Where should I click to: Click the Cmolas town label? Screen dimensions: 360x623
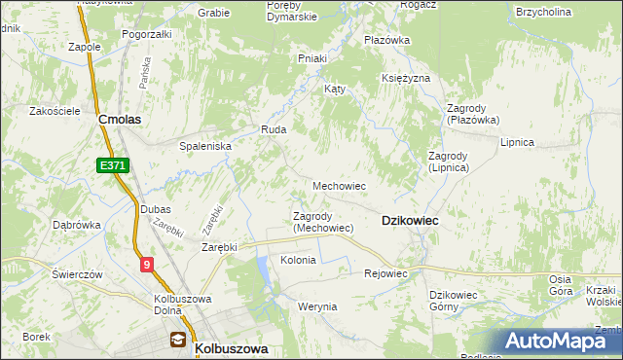[121, 119]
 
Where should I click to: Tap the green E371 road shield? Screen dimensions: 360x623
[113, 166]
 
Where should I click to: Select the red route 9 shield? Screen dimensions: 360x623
[145, 264]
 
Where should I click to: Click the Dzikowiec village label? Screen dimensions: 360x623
[410, 221]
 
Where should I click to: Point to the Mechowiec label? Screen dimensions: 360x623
[339, 185]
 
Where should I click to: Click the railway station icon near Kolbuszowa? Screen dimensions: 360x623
[178, 340]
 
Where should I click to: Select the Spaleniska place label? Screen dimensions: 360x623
[204, 145]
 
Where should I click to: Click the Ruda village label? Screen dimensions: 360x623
[272, 128]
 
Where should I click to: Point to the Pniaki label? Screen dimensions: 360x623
[311, 58]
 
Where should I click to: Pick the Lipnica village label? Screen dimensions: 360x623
[518, 142]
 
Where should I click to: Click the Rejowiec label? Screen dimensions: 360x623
[385, 273]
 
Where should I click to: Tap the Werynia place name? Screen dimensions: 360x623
[317, 306]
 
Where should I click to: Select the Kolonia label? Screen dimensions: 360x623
[298, 260]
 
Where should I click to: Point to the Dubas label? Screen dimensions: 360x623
[155, 209]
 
